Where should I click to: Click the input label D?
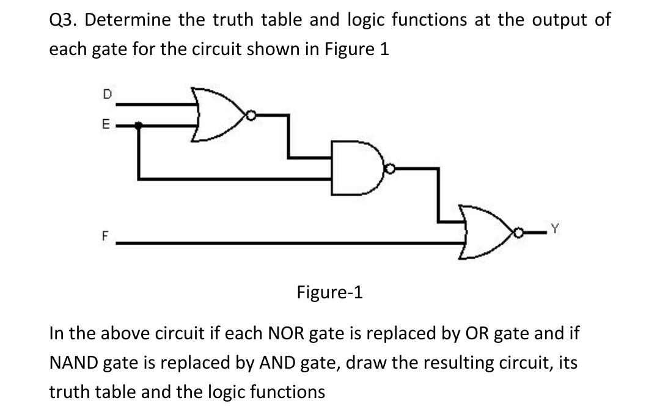pos(107,95)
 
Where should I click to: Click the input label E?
pos(106,126)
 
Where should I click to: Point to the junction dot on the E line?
pos(139,125)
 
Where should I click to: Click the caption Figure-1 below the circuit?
pos(330,292)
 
